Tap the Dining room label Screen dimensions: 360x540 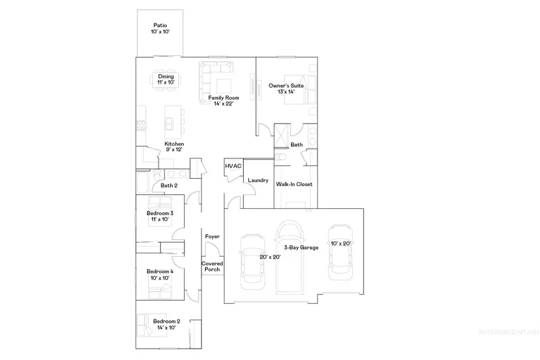166,80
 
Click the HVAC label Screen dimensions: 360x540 233,166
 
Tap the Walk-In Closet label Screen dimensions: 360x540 294,184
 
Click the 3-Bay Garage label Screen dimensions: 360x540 301,247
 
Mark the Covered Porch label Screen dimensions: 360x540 212,266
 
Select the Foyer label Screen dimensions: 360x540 212,236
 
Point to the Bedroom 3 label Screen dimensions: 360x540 160,217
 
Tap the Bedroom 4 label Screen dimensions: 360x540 160,275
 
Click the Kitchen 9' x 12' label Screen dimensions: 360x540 175,147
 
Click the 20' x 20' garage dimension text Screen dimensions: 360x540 269,256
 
